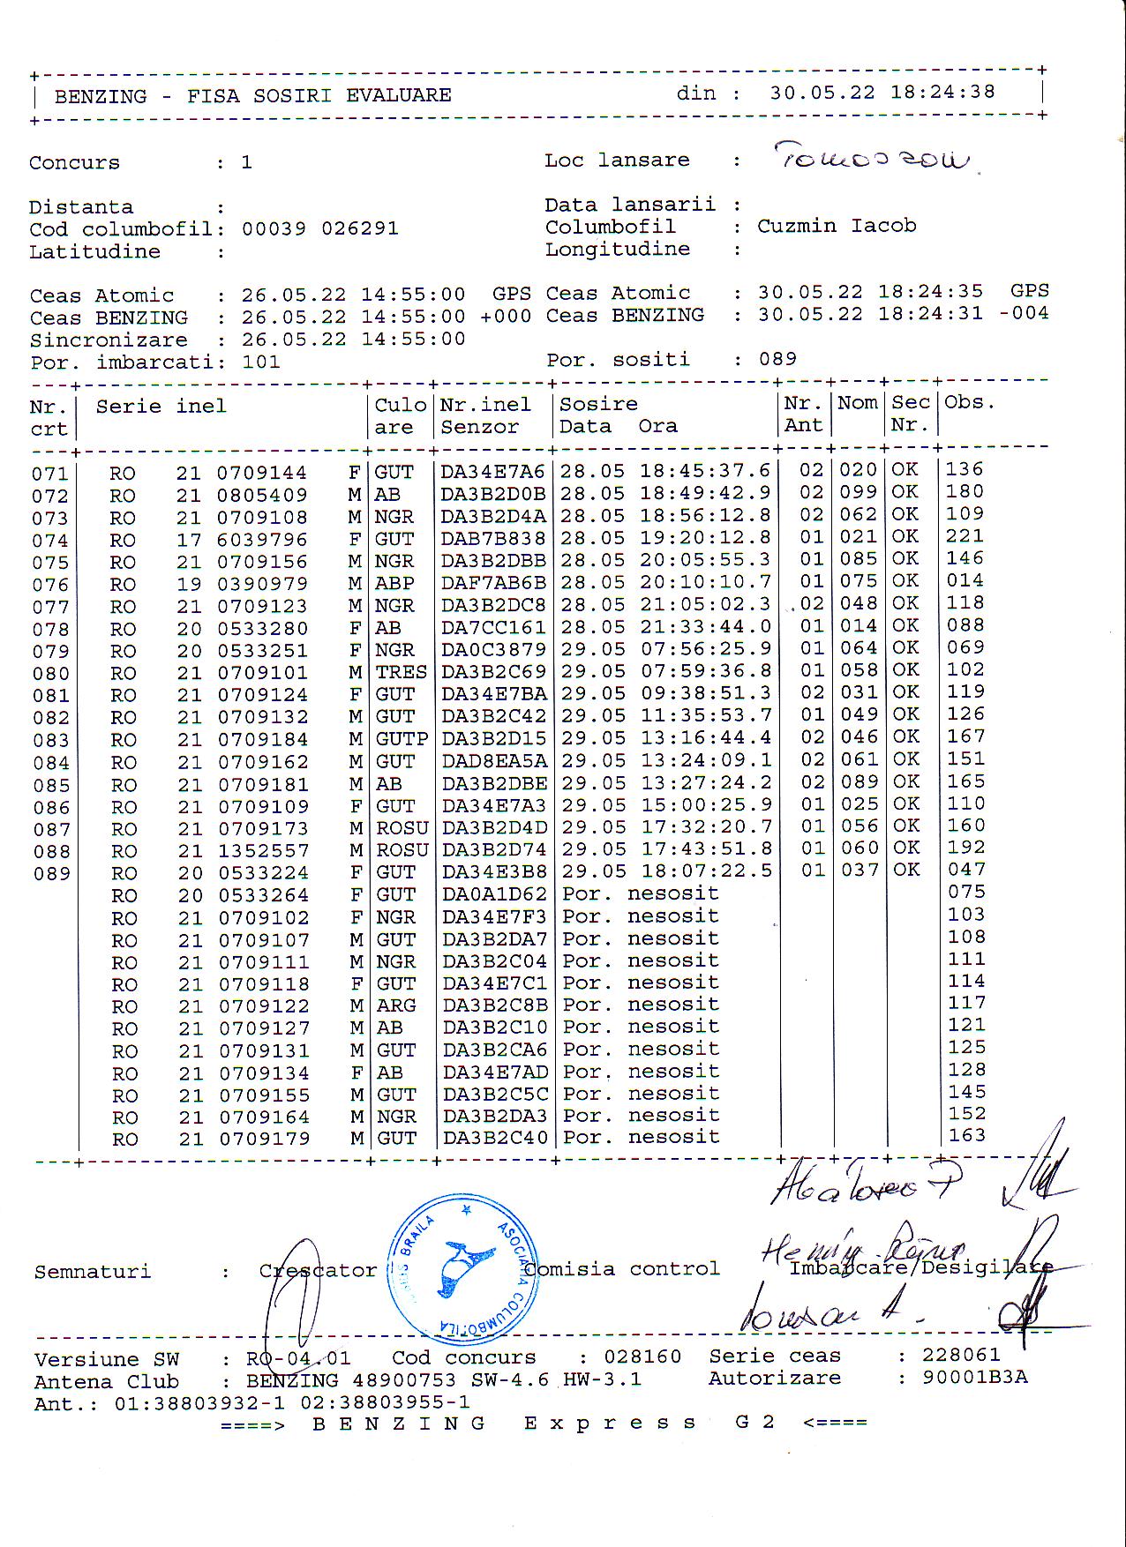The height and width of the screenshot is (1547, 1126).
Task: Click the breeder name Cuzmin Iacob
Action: (837, 226)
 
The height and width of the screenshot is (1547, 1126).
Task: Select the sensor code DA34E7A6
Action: (493, 472)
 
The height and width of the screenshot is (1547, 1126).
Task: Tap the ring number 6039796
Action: (263, 539)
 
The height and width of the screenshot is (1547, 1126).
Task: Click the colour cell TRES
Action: (402, 671)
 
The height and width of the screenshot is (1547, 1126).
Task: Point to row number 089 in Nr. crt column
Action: (51, 874)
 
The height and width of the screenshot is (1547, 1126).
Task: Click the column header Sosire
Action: (599, 404)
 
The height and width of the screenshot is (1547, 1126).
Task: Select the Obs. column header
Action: (969, 402)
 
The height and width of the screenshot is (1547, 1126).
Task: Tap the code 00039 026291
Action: (319, 229)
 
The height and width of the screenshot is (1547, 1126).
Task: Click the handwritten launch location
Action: (872, 159)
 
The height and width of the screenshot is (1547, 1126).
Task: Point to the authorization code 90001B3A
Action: (974, 1378)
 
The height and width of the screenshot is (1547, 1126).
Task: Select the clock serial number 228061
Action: (961, 1355)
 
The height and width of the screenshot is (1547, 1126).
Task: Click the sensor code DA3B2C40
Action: (495, 1138)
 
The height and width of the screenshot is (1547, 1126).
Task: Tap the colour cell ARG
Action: (396, 1005)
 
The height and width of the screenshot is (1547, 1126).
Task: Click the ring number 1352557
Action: (263, 851)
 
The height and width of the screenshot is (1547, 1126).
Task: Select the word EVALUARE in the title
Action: (398, 95)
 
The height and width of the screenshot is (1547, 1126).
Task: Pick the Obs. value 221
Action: (965, 535)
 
